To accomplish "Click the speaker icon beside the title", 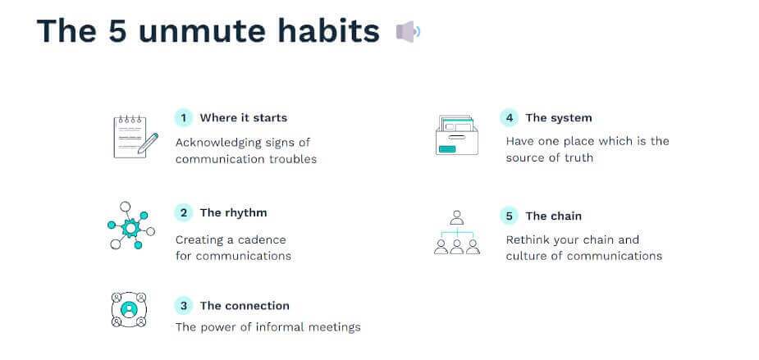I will pyautogui.click(x=408, y=32).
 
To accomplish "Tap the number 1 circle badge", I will pyautogui.click(x=184, y=118).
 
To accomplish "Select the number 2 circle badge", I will pyautogui.click(x=184, y=213).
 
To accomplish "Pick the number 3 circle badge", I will pyautogui.click(x=184, y=306).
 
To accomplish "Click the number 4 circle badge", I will pyautogui.click(x=510, y=118).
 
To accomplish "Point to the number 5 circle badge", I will pyautogui.click(x=510, y=216).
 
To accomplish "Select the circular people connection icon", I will pyautogui.click(x=129, y=310).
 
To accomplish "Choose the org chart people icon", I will pyautogui.click(x=457, y=233).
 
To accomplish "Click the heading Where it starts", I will pyautogui.click(x=244, y=118).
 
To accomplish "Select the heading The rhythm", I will pyautogui.click(x=233, y=213).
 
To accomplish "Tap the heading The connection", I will pyautogui.click(x=245, y=306).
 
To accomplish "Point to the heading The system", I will pyautogui.click(x=558, y=118).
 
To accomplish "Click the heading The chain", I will pyautogui.click(x=553, y=216).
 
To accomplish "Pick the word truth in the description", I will pyautogui.click(x=576, y=158).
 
